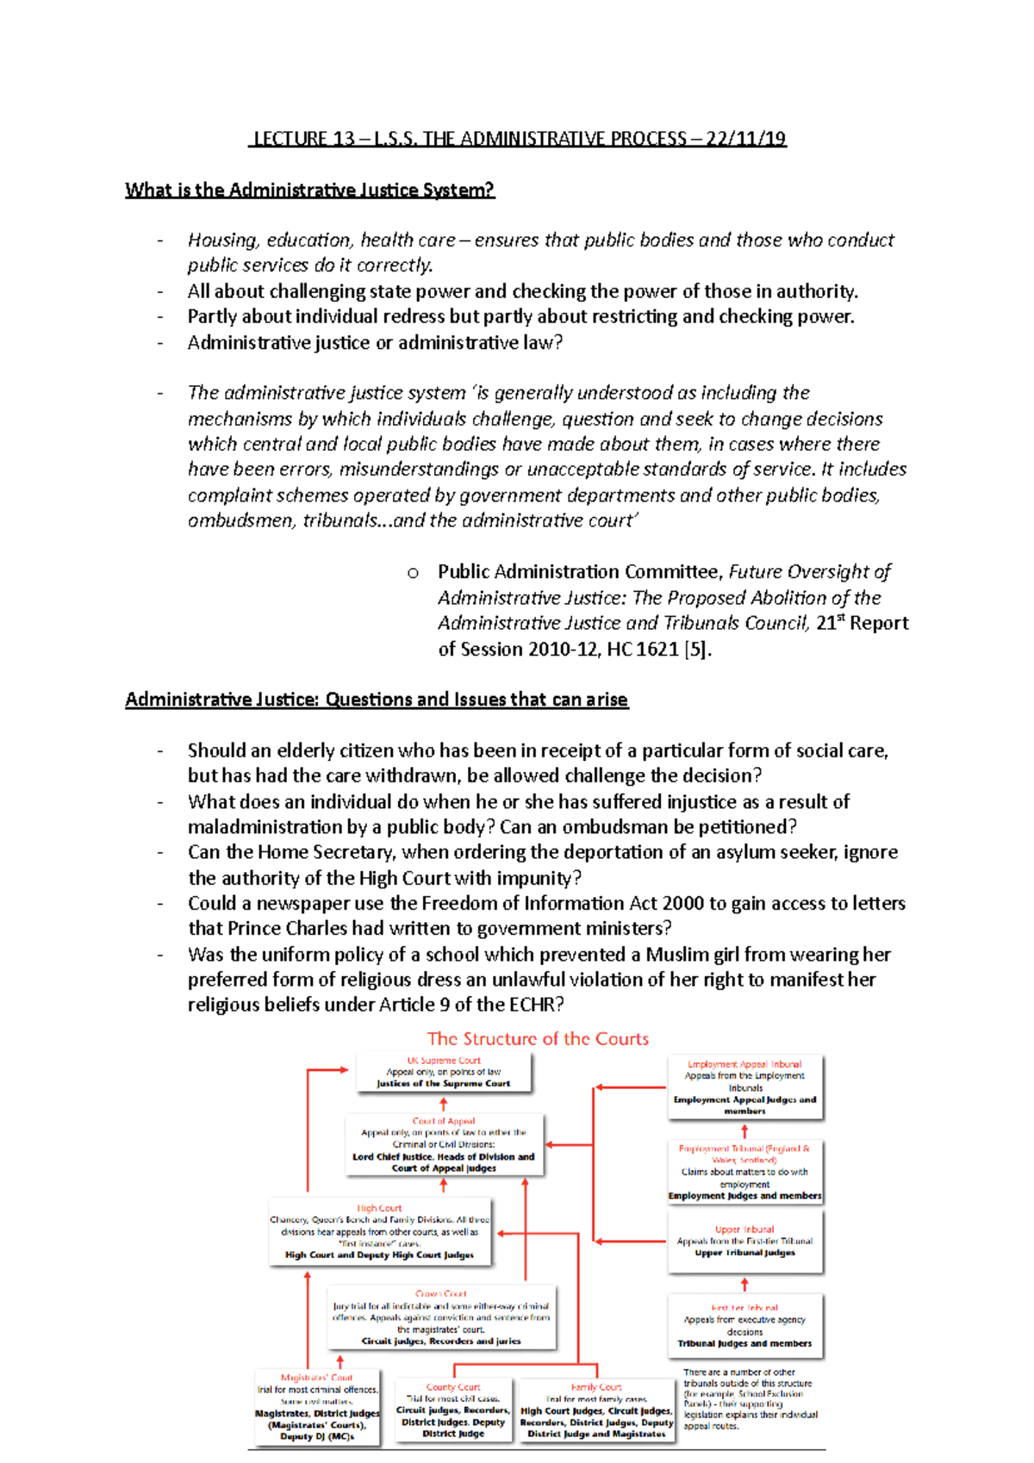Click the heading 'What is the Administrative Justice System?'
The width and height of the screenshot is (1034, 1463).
click(309, 190)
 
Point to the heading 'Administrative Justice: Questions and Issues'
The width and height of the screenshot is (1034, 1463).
click(377, 700)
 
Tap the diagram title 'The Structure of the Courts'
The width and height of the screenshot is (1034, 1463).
click(538, 1039)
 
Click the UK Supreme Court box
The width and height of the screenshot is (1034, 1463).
click(444, 1073)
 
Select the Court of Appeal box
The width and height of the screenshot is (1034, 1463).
click(444, 1145)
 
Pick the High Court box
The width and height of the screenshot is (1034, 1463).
click(379, 1232)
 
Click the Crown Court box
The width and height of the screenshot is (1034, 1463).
click(441, 1317)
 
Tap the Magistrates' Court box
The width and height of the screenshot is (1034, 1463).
click(317, 1407)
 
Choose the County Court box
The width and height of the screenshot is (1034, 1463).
click(453, 1410)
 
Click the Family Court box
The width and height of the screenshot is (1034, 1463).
click(596, 1410)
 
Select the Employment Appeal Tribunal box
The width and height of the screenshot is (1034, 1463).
click(744, 1087)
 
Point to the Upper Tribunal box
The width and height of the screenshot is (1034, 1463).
click(744, 1242)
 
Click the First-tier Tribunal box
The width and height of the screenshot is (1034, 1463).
click(744, 1325)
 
